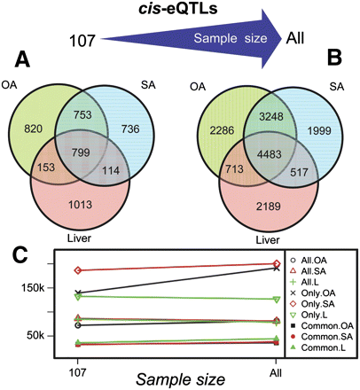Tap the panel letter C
click(21, 258)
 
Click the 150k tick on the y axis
click(33, 288)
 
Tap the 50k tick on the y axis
click(36, 335)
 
